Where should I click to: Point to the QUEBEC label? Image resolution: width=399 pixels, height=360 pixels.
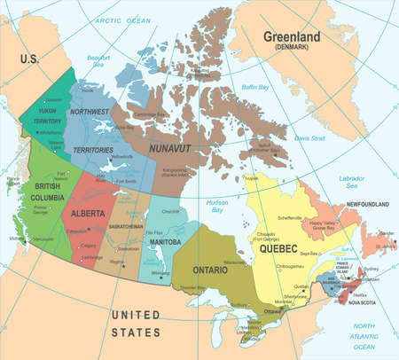277,251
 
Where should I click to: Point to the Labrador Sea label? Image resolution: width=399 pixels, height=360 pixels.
352,183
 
